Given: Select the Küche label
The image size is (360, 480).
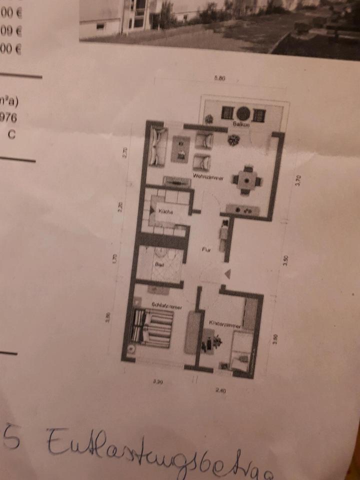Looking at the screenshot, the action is click(x=165, y=211).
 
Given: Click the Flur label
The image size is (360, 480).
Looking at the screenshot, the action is click(x=205, y=249).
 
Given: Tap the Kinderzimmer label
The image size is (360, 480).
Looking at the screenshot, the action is click(x=224, y=325).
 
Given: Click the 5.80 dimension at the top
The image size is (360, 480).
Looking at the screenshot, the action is click(x=219, y=78).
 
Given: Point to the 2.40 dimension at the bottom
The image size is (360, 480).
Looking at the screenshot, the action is click(x=220, y=390).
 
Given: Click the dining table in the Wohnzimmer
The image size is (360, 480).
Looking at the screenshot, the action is click(x=245, y=179).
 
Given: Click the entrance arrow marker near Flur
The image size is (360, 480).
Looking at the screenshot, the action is click(x=227, y=273).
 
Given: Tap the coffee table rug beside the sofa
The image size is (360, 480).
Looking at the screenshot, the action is click(x=180, y=148).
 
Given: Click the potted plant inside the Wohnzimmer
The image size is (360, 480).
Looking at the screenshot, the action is click(x=232, y=140).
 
